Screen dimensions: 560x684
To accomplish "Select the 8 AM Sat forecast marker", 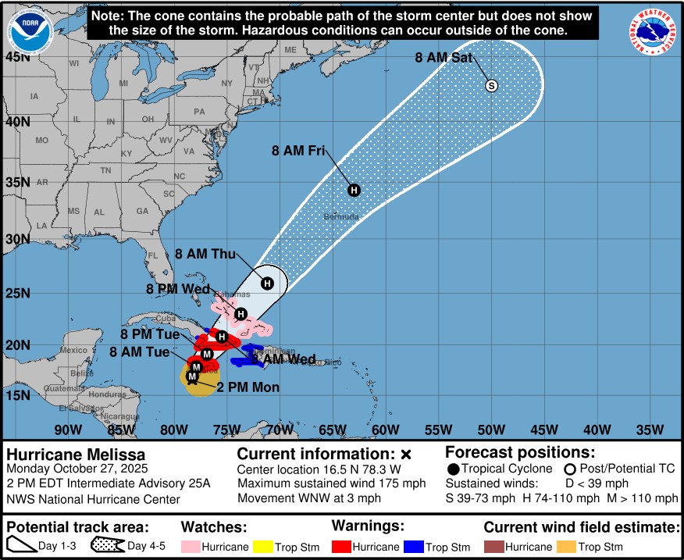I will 491,86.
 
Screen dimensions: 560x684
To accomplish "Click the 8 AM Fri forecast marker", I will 354,190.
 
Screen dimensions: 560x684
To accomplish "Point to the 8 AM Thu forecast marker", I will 267,283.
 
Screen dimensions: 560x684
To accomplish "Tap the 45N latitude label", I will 17,57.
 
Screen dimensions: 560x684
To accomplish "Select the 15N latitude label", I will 17,397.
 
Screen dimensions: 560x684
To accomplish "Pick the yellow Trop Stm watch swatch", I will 262,548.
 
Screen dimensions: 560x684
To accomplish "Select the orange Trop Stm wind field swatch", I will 568,548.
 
